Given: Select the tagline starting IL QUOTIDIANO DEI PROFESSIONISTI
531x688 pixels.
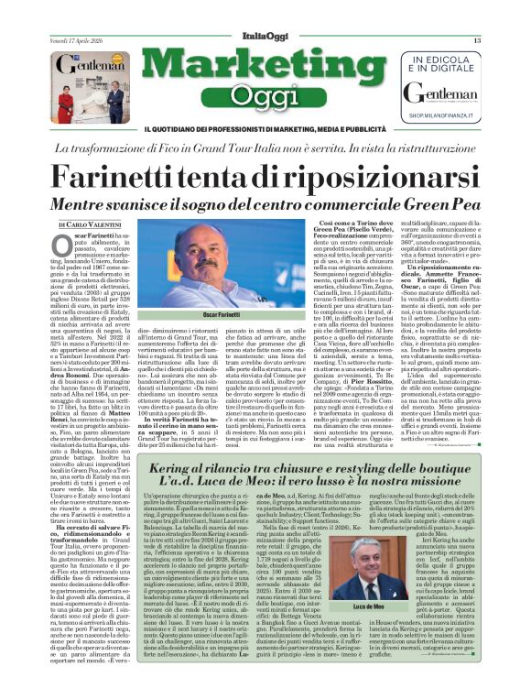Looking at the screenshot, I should tap(265, 126).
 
